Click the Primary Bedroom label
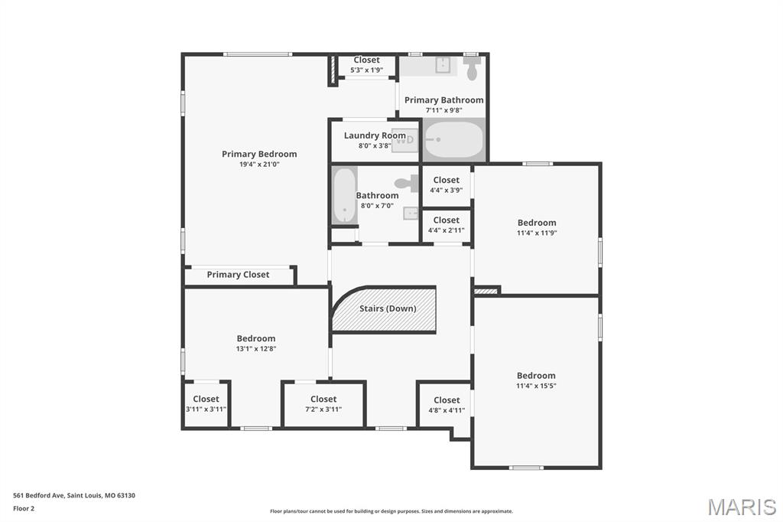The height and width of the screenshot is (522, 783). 259,154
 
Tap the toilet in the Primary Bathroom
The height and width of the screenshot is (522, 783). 471,67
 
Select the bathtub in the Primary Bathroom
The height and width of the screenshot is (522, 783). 454,139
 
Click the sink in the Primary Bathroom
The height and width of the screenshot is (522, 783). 443,65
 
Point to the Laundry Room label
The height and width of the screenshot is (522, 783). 375,135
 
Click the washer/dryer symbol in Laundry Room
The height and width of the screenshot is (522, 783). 405,140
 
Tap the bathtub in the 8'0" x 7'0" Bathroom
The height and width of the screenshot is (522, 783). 344,195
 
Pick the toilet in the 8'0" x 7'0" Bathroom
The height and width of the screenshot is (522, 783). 408,183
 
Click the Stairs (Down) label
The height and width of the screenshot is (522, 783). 388,308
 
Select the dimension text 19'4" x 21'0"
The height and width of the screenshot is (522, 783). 259,164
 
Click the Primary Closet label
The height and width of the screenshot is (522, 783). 238,275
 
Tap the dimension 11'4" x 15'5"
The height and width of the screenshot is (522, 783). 536,386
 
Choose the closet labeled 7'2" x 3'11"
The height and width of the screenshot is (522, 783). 323,404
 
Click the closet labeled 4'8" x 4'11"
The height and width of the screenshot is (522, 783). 444,405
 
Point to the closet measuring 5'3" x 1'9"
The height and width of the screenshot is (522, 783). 366,65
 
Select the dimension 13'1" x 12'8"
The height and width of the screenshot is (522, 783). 256,348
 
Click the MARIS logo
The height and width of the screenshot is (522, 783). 742,507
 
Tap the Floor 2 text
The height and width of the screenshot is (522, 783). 24,508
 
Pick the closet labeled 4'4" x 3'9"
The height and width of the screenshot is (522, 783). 447,185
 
